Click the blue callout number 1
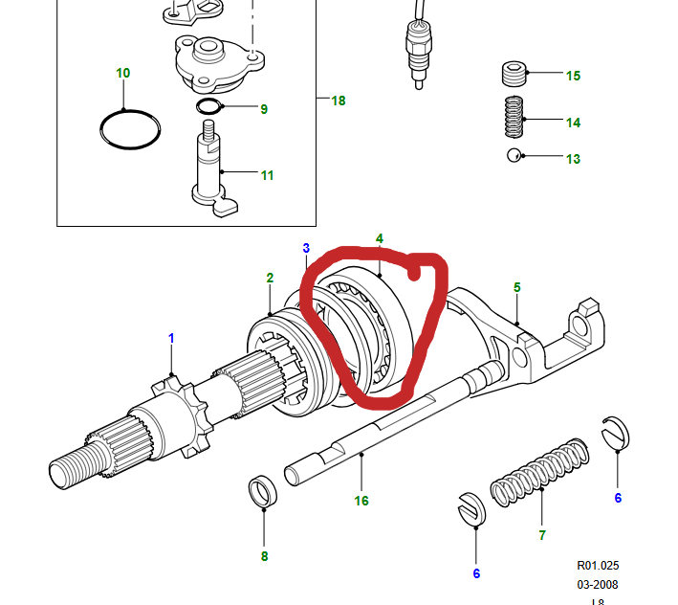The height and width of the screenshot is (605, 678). [x=172, y=338]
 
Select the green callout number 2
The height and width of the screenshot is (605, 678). [x=271, y=278]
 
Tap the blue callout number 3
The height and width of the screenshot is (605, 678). [x=306, y=248]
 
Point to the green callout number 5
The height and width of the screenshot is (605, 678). [x=517, y=286]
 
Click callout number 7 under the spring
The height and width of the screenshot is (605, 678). [x=542, y=534]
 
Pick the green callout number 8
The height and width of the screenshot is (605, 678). [x=264, y=554]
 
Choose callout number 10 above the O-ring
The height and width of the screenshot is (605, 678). [x=123, y=73]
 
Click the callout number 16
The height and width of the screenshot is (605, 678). [x=361, y=500]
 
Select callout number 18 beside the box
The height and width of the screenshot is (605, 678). [x=339, y=101]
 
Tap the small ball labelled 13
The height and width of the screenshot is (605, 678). [x=514, y=156]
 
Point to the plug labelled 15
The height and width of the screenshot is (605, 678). [x=515, y=74]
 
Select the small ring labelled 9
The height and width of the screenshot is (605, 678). [x=209, y=105]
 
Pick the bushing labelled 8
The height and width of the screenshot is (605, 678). [x=263, y=493]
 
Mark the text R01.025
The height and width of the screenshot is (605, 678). [x=598, y=565]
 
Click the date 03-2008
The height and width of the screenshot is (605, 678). [x=598, y=583]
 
